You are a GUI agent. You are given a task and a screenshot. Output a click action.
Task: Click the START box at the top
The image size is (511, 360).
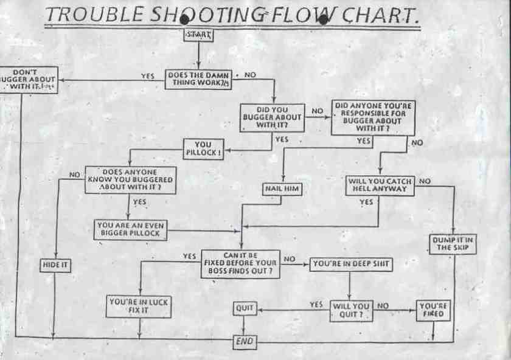coord(198,35)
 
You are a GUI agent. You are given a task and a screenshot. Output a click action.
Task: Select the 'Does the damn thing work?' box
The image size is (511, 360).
coord(198,80)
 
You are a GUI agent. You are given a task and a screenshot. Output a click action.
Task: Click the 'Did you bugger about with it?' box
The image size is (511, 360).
coord(273,117)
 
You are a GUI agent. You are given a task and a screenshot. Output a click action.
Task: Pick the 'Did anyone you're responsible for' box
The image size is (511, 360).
coord(374,117)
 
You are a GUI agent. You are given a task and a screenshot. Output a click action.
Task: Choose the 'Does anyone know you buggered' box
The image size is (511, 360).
coord(130,180)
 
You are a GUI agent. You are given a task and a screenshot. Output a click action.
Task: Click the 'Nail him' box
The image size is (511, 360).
coord(283,189)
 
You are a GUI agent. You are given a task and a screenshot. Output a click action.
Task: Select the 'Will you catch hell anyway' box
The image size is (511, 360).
coord(380,186)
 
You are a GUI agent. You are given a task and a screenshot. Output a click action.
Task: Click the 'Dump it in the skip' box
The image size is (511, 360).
coord(453,243)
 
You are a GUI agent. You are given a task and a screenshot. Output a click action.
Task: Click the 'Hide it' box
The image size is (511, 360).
coord(55,265)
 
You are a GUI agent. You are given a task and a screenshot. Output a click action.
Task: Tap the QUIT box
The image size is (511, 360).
coord(245,308)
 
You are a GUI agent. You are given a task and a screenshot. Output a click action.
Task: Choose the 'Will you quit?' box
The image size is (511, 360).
coord(351,310)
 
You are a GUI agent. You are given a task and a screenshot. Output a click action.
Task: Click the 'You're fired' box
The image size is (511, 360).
coord(433,310)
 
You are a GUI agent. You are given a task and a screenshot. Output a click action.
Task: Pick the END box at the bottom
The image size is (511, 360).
coord(245,342)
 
